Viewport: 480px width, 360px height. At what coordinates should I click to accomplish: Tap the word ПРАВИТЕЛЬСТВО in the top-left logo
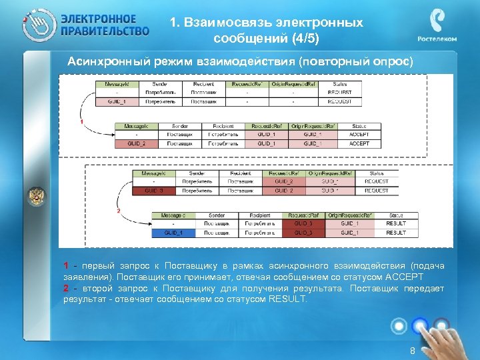click(105, 31)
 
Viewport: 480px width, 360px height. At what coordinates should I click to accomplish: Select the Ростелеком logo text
click(437, 39)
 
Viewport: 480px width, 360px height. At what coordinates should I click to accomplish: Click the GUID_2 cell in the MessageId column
click(136, 143)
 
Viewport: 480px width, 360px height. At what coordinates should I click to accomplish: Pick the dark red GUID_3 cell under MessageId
click(154, 191)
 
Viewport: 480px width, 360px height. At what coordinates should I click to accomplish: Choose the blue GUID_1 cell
click(174, 233)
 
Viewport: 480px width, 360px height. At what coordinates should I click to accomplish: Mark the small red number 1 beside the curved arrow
click(81, 123)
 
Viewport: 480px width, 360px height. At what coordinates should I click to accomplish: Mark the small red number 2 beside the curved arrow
click(118, 211)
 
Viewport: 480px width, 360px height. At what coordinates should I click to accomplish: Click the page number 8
click(413, 351)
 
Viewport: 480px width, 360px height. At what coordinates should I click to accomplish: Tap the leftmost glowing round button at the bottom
click(399, 326)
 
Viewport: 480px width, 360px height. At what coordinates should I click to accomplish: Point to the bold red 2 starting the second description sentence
click(66, 288)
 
